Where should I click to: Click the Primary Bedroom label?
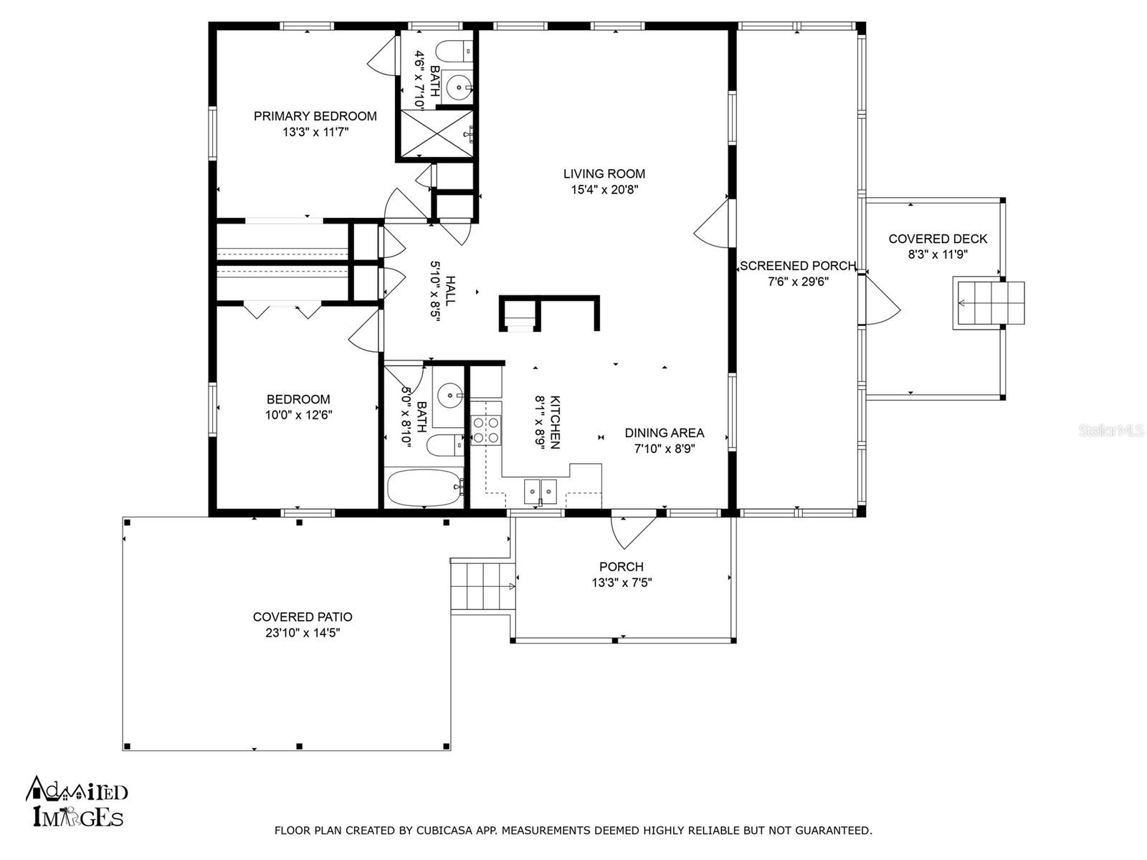click(315, 116)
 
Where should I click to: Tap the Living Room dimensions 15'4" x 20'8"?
click(604, 190)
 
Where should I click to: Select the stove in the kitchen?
click(485, 429)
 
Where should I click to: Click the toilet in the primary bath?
click(452, 52)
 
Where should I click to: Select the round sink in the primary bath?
click(457, 88)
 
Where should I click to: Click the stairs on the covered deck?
click(988, 305)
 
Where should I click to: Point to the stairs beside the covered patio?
click(482, 586)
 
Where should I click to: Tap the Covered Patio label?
click(303, 617)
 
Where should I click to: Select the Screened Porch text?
click(797, 266)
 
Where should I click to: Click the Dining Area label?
click(664, 433)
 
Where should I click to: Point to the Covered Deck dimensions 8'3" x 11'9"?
click(938, 254)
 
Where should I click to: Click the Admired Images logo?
click(77, 803)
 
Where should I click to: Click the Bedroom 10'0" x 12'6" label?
click(298, 399)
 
